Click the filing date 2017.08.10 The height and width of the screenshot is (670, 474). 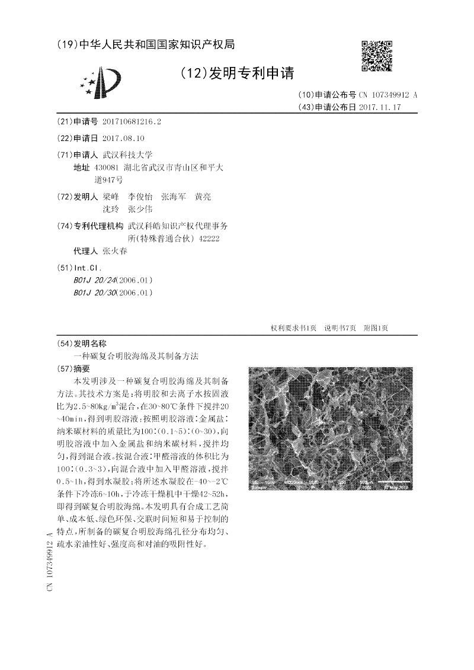coord(123,138)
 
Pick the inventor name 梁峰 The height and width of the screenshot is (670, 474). coord(111,196)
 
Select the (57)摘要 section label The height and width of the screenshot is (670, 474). coord(74,368)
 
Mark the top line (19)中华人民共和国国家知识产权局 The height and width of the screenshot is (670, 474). coord(146,44)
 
